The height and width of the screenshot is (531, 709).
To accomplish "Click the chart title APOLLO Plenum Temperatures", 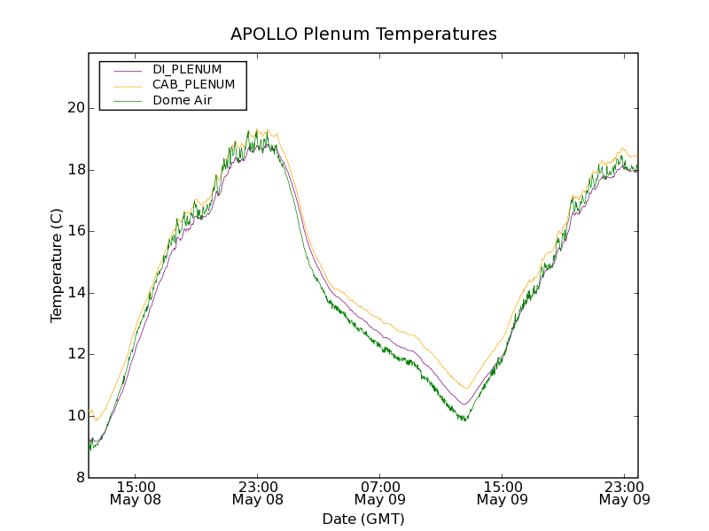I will coord(363,35).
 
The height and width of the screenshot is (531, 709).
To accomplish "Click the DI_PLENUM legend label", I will coord(187,69).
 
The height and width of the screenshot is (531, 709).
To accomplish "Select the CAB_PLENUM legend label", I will coord(193,85).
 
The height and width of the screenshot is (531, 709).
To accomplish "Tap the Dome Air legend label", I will coord(183,101).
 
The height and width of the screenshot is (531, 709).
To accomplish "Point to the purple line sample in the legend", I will coord(128,70).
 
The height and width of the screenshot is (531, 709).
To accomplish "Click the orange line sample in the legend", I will coord(128,86).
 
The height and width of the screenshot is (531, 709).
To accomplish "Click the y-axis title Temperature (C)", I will coord(57,265).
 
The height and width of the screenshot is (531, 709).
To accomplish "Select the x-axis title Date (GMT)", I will coord(363,519).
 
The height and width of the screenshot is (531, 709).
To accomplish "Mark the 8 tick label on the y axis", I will coord(78,478).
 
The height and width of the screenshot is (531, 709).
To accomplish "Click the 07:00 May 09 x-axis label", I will coord(379,493).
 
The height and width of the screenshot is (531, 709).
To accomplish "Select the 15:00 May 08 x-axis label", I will coord(135,493).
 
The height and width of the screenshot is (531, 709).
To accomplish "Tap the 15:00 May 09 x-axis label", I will coord(502,493).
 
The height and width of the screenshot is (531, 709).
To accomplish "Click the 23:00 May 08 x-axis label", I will coord(257,493).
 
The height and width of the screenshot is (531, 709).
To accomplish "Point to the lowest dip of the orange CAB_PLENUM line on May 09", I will coord(466,389).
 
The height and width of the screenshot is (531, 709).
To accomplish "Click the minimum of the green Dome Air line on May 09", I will coord(464,420).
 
